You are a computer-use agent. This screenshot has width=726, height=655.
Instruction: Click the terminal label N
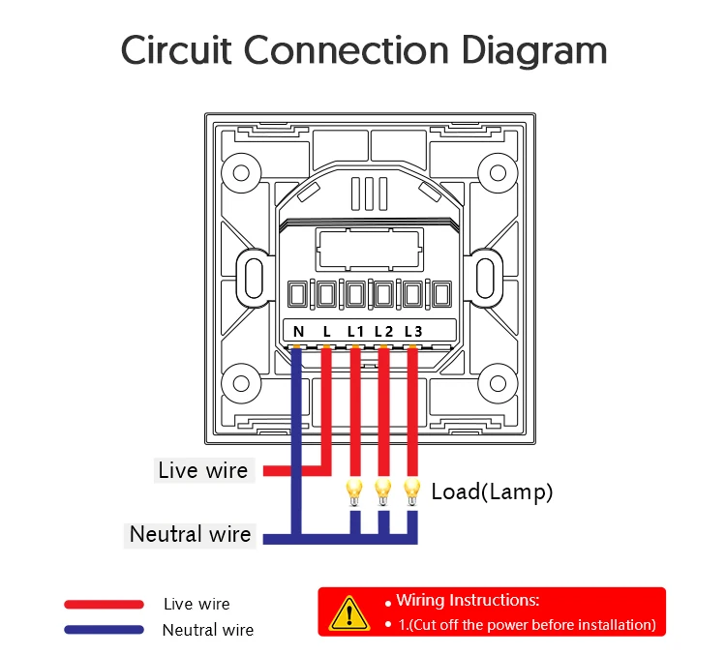tap(299, 332)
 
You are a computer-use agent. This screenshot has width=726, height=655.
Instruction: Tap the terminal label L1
tap(355, 332)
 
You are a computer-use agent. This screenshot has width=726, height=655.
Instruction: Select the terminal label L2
tap(384, 332)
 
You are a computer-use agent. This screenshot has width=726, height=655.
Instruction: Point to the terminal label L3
tap(413, 332)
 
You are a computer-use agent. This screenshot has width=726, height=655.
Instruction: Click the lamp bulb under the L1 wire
tap(354, 492)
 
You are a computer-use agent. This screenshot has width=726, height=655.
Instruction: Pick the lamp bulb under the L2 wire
tap(383, 492)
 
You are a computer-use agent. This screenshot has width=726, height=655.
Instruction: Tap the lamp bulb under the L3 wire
tap(411, 492)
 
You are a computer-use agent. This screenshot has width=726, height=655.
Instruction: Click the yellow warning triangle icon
tap(349, 614)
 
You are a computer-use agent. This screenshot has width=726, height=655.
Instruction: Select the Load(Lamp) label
tap(492, 491)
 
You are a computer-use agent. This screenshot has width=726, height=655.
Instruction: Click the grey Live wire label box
tap(204, 470)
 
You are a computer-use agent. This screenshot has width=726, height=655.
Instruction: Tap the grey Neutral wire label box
tap(190, 535)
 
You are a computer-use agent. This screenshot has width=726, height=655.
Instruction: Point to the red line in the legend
tap(105, 604)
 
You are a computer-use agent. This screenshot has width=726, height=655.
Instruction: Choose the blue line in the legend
tap(105, 630)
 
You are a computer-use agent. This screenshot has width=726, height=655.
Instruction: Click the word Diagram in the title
tap(534, 51)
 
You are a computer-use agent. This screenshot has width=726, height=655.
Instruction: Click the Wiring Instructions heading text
tap(468, 601)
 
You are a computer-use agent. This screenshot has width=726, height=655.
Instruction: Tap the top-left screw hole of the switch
tap(241, 173)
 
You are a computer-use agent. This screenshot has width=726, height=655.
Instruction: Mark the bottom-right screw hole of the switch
tap(498, 384)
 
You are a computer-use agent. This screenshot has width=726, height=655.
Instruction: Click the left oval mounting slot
tap(254, 278)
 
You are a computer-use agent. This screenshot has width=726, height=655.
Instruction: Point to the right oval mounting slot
tap(486, 278)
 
